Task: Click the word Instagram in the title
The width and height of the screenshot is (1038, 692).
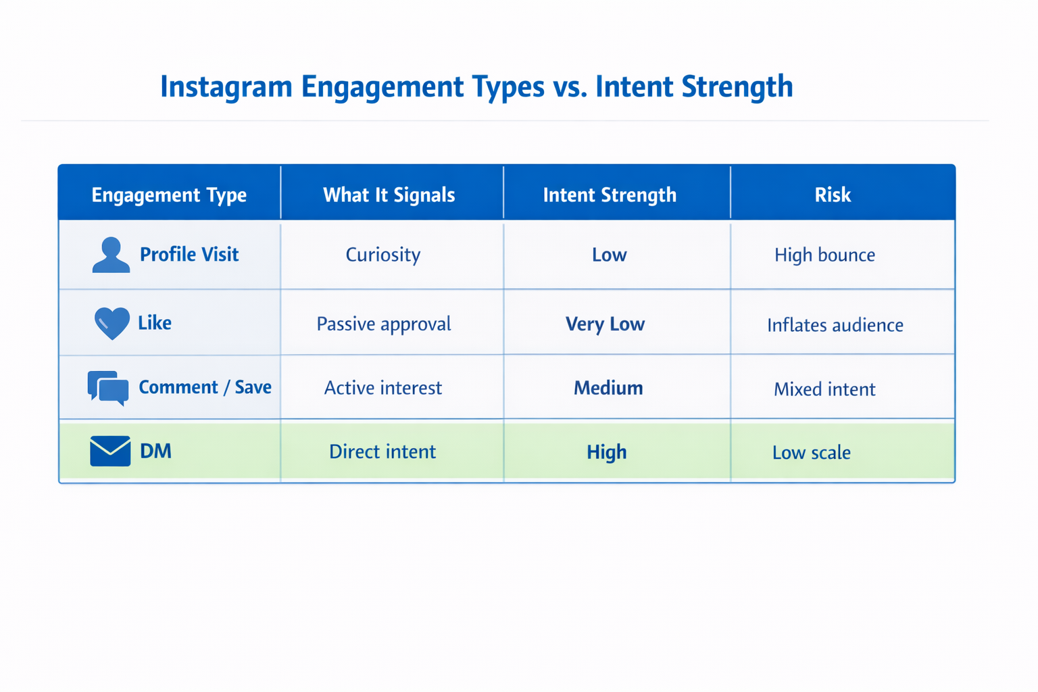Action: click(226, 87)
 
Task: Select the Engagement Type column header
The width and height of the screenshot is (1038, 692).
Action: click(169, 195)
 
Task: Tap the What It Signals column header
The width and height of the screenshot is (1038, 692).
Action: click(389, 195)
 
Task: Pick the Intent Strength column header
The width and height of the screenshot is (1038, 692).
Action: click(610, 195)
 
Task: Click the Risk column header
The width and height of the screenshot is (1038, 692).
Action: click(832, 195)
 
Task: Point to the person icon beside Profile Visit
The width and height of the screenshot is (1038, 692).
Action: click(110, 255)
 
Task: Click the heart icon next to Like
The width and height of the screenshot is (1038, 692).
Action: click(112, 323)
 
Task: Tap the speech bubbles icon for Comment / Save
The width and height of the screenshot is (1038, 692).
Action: click(108, 388)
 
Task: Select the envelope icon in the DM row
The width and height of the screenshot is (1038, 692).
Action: click(110, 451)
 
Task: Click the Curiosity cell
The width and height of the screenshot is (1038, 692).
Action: click(383, 255)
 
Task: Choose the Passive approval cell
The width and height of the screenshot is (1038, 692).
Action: click(383, 324)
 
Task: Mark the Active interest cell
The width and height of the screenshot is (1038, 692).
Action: click(383, 388)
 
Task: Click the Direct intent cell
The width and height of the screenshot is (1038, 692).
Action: click(382, 451)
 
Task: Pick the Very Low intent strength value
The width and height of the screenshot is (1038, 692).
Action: click(605, 324)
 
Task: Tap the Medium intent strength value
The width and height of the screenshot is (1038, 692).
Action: click(608, 388)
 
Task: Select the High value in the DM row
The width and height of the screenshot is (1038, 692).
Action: click(606, 452)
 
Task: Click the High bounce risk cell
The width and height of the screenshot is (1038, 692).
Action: click(824, 255)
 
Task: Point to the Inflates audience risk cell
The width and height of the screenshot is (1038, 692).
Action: click(835, 325)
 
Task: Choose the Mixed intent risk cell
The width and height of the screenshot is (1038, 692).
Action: click(824, 389)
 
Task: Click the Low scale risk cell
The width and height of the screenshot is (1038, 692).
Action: click(811, 453)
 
